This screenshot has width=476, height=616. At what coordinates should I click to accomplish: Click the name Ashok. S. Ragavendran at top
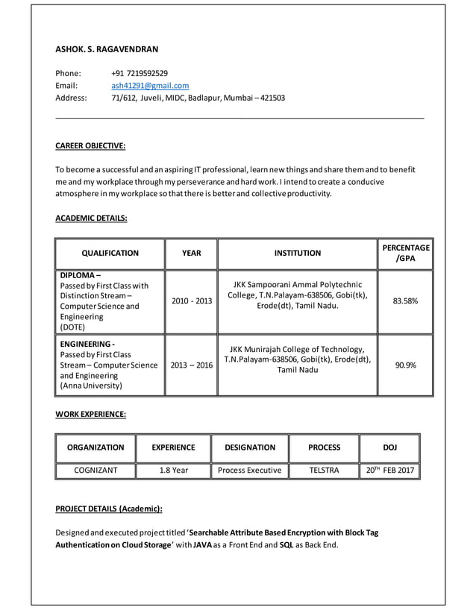coord(107,49)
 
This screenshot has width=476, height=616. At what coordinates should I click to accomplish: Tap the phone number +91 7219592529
coord(140,73)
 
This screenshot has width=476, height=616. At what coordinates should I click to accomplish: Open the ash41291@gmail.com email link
coord(150,86)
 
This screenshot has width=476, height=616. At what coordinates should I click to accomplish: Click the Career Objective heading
coord(90,145)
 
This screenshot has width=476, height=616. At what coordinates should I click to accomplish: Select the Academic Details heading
coord(92,218)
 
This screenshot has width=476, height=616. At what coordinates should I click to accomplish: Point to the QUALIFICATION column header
coord(110,254)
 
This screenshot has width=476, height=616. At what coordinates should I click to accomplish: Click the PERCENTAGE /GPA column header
coord(405,253)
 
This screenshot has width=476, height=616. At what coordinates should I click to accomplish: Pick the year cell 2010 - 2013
coord(191,301)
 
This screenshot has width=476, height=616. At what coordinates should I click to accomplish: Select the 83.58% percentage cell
coord(405,301)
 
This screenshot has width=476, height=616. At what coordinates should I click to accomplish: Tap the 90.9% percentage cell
coord(405,365)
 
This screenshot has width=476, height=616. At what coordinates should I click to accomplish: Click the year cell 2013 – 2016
coord(191,365)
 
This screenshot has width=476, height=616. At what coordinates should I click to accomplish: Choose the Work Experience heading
coord(91,413)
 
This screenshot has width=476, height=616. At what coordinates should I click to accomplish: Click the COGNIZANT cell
coord(95,471)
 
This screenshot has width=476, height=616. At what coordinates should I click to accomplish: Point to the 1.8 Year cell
coord(173,471)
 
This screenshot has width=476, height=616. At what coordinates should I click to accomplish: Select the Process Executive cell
coord(249,471)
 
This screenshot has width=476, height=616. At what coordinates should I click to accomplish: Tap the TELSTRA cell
coord(324,471)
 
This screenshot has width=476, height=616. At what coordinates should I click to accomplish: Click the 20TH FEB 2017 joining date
coord(389,471)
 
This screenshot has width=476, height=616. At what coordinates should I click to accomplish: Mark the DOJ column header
coord(389,447)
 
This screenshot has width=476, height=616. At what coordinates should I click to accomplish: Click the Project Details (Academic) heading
coord(109,509)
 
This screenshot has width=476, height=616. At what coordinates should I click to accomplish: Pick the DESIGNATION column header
coord(249,447)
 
